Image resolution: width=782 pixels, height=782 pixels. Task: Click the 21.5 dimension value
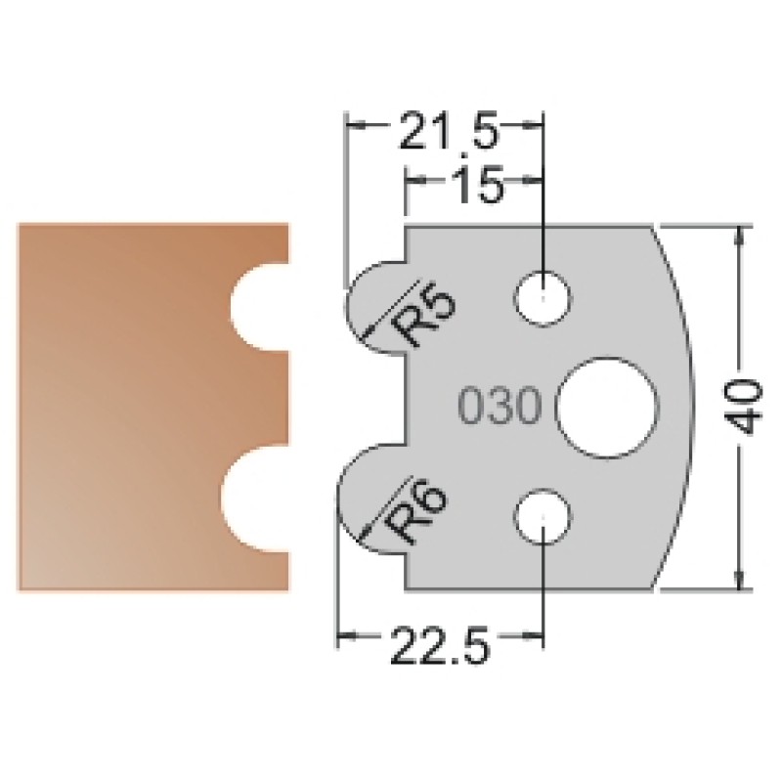449,132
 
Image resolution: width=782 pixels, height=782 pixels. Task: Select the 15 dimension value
478,185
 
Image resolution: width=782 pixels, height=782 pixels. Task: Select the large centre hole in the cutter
607,407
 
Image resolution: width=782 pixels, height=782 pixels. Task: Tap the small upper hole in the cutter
543,299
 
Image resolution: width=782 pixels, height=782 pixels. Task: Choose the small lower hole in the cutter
543,517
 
